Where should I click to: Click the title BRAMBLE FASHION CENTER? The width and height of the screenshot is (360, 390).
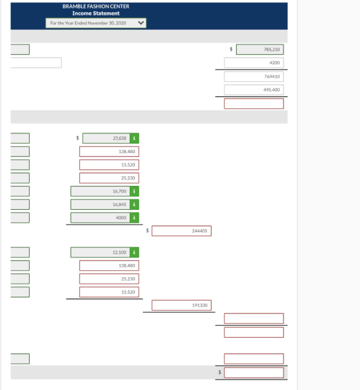[96, 6]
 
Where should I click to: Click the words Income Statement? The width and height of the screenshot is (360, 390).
[96, 14]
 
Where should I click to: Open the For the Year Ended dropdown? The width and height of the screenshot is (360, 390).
[96, 23]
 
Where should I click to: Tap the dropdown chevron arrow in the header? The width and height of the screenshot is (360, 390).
[141, 23]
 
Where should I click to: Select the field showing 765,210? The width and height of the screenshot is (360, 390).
[260, 50]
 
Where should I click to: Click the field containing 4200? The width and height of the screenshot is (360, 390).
[254, 62]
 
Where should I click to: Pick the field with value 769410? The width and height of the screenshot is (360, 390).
[254, 77]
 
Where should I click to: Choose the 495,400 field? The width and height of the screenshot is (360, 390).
[254, 89]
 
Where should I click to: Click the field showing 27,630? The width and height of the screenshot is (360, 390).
[106, 138]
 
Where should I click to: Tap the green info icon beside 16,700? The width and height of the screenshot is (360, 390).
[134, 191]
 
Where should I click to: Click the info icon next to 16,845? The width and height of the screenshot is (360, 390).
[134, 204]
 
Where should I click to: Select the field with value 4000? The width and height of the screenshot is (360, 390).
[100, 218]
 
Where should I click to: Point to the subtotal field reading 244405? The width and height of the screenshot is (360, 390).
[181, 231]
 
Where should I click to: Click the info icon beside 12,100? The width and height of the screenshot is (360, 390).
[134, 252]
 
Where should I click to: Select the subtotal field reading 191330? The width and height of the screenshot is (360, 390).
[181, 305]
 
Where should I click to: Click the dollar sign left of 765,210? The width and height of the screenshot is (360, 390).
[231, 49]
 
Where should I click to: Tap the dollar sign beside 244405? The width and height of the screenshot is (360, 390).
[147, 230]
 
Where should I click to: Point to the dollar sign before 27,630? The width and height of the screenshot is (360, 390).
[78, 138]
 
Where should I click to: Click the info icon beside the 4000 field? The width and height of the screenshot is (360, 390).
[134, 218]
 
